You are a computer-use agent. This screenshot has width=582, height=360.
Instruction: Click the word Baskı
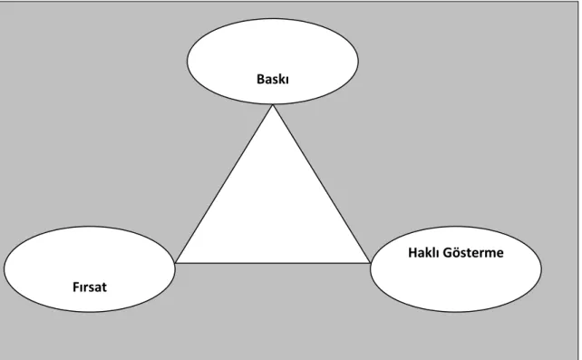pyautogui.click(x=273, y=79)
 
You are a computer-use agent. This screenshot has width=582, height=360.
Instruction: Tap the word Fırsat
pyautogui.click(x=90, y=287)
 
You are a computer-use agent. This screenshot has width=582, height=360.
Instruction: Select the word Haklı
pyautogui.click(x=423, y=252)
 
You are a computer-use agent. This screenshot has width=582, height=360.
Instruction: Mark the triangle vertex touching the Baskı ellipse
pyautogui.click(x=273, y=104)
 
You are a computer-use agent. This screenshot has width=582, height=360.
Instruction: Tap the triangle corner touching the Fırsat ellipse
pyautogui.click(x=175, y=263)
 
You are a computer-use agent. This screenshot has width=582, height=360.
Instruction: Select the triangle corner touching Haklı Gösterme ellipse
pyautogui.click(x=371, y=263)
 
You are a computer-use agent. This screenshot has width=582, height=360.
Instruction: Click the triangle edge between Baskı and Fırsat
pyautogui.click(x=224, y=184)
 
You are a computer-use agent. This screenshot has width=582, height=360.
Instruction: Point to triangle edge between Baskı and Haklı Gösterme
pyautogui.click(x=322, y=184)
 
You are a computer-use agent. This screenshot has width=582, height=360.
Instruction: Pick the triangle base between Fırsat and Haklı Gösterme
pyautogui.click(x=273, y=263)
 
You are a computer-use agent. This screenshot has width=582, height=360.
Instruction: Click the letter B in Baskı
pyautogui.click(x=260, y=79)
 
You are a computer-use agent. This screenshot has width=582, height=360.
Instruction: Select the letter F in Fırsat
pyautogui.click(x=76, y=287)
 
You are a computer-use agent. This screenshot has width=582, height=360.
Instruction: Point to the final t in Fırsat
pyautogui.click(x=103, y=287)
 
